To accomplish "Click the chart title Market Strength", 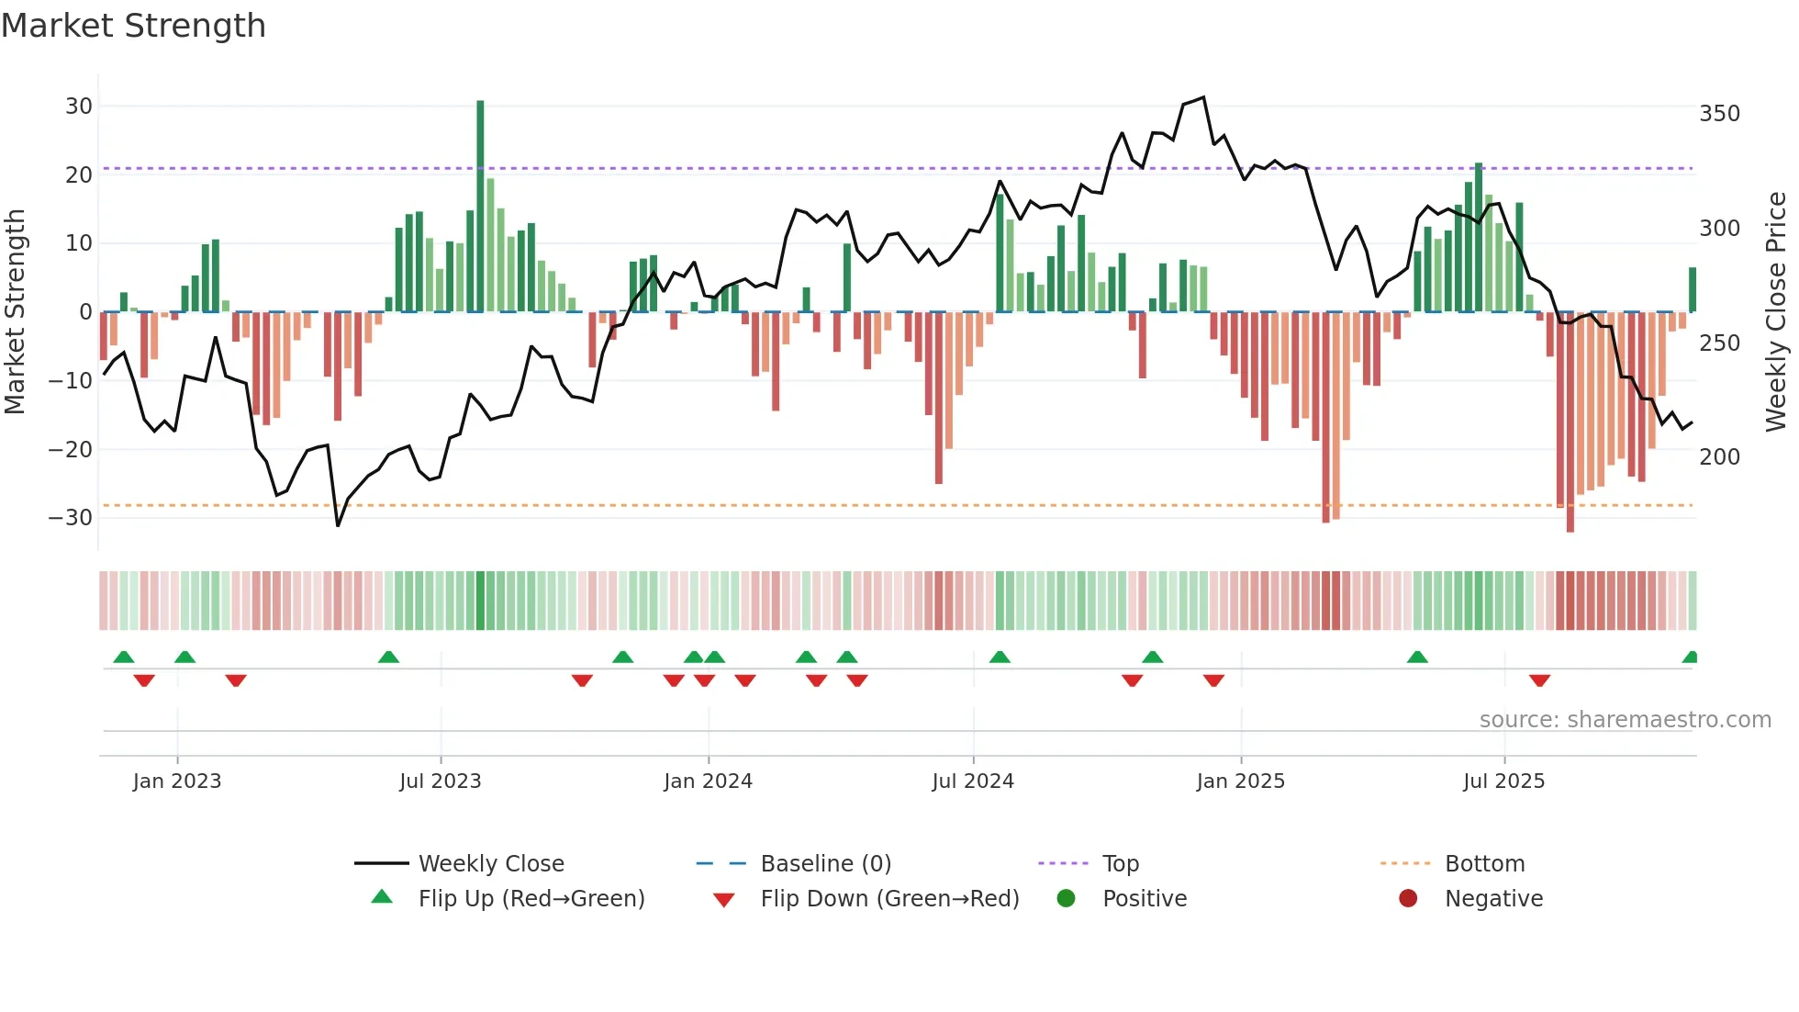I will [133, 26].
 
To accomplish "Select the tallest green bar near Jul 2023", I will [480, 207].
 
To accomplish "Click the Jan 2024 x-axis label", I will [708, 781].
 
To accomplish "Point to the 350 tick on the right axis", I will [1719, 114].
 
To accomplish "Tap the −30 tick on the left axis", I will [71, 518].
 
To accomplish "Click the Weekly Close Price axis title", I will [1776, 312].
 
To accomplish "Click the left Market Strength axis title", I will [16, 312].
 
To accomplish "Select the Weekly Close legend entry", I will [491, 864].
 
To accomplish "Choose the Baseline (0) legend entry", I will [825, 864].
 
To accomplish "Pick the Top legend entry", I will [1120, 864].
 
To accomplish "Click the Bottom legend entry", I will [1484, 864].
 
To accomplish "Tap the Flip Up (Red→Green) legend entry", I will [531, 899].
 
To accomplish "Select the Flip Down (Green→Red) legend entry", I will [888, 899].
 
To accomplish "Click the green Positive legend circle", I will [1066, 899].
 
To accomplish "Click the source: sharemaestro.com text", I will [1625, 720].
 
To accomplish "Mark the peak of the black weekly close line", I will [1203, 97].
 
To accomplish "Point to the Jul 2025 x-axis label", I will [1503, 781].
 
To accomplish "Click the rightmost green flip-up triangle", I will [1690, 658].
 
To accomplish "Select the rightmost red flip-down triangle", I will [1539, 680].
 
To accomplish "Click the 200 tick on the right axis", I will [1719, 457].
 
